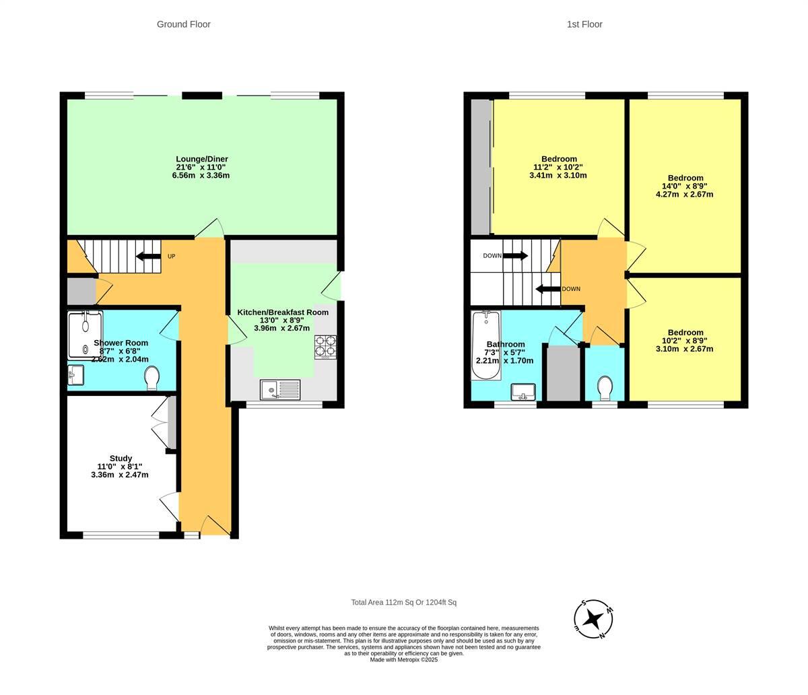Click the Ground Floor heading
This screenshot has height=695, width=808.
point(183,24)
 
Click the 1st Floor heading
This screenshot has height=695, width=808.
point(584,24)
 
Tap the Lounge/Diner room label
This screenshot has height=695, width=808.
point(201,160)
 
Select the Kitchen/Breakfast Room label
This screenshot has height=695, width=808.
point(283,312)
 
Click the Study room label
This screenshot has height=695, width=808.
point(121,459)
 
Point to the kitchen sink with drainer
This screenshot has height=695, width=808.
point(281,389)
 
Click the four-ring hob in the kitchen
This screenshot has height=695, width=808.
point(325,346)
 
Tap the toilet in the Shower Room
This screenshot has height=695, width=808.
point(151,378)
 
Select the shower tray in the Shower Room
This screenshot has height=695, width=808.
point(85,334)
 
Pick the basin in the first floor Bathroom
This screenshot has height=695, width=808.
point(523,391)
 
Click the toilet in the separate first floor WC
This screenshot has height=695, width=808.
point(604,388)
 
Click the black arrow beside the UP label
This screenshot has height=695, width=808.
point(148,256)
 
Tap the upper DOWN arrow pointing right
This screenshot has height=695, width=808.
point(515,256)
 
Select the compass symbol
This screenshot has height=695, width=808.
point(593,618)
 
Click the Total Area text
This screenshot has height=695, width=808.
point(403,603)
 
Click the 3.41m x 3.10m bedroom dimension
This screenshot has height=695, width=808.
point(558,176)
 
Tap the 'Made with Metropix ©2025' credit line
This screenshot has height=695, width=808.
point(403,660)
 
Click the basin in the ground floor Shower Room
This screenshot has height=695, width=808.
point(75,374)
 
